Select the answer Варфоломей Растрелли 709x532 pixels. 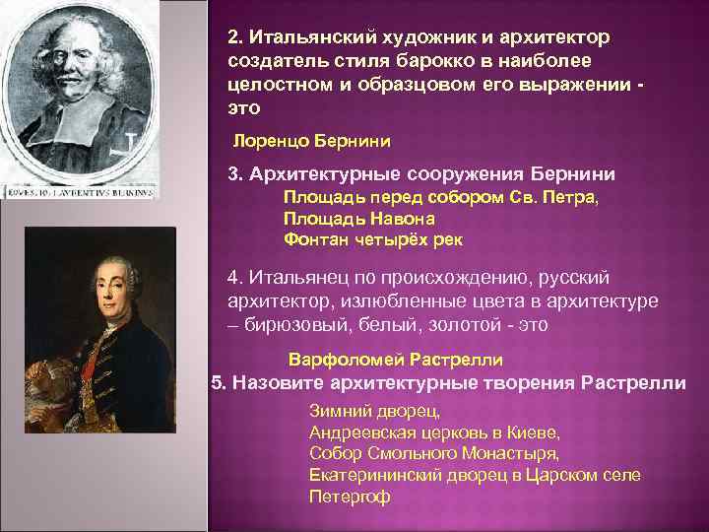tap(395, 360)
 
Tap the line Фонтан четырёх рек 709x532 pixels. tap(372, 238)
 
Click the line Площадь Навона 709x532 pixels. tap(352, 218)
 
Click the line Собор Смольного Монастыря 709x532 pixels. tap(433, 453)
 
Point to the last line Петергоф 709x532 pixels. tap(350, 496)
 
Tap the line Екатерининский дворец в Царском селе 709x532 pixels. tap(475, 475)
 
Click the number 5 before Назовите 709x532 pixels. tap(218, 382)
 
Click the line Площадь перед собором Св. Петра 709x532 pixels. tap(440, 197)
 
